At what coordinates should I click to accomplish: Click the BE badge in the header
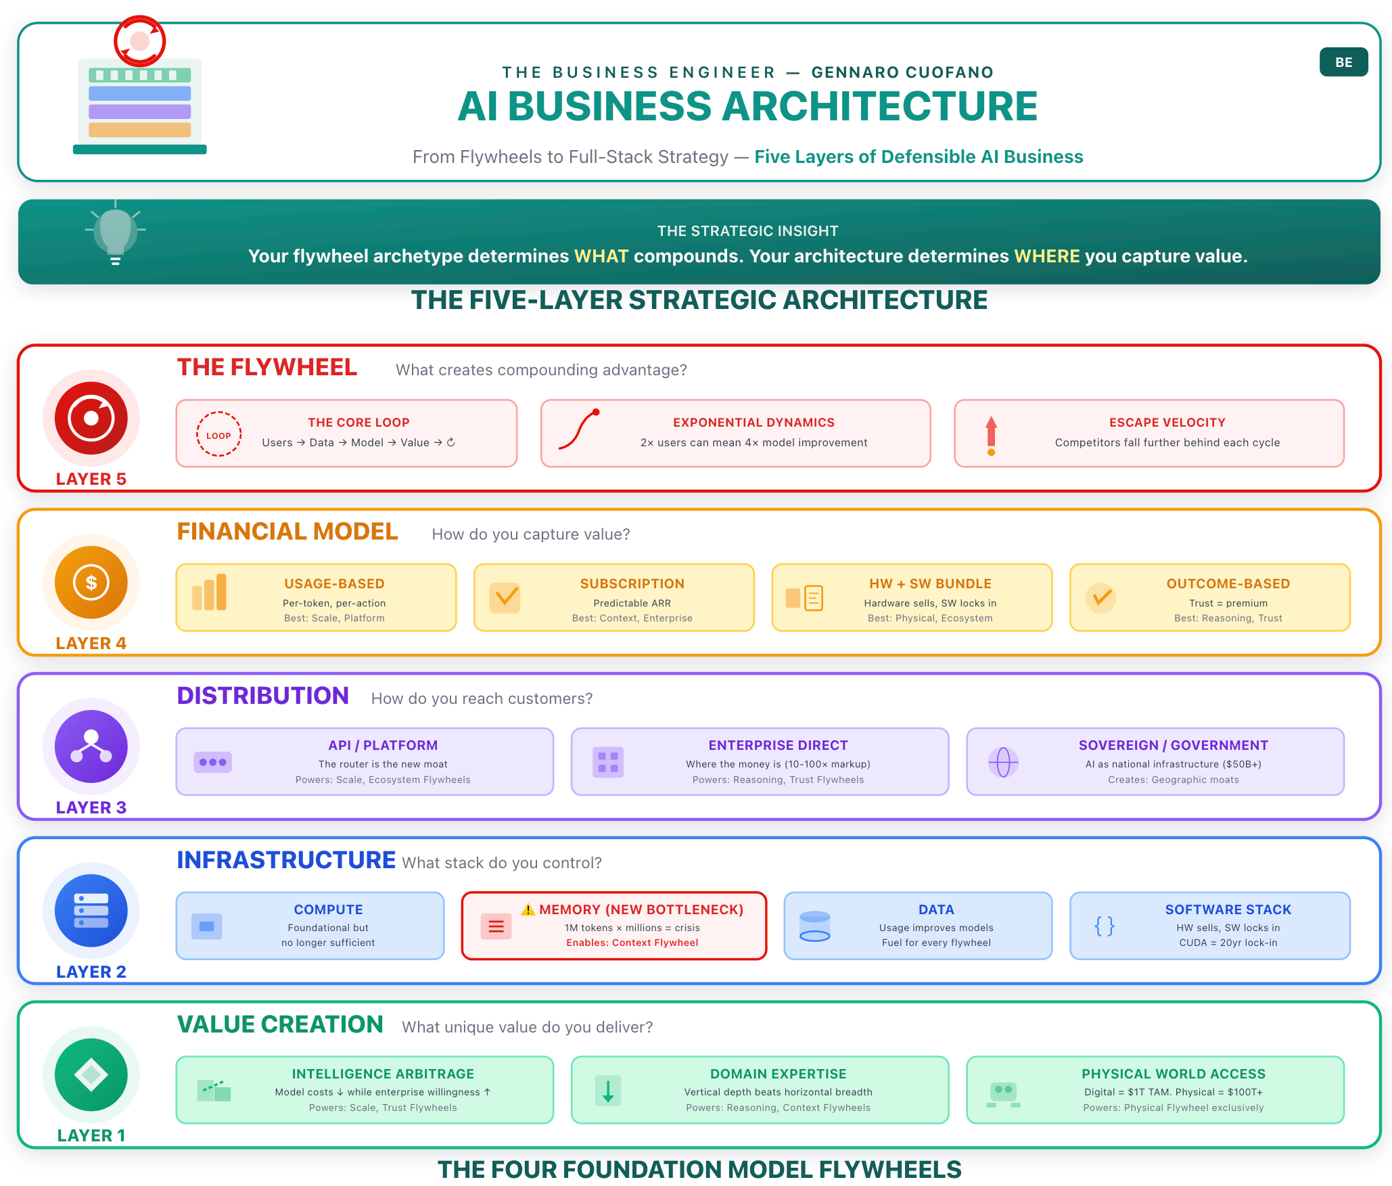pos(1343,62)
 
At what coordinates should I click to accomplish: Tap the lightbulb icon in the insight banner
pos(115,234)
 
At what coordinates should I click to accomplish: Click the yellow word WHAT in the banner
pos(601,256)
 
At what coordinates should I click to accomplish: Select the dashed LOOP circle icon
pos(218,435)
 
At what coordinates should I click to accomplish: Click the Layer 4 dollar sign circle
pos(91,582)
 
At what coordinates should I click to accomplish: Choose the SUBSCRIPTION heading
pos(632,584)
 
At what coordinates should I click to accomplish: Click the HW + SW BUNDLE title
pos(930,584)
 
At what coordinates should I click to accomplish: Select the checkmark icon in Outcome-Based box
pos(1101,597)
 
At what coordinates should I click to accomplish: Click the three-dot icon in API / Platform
pos(212,762)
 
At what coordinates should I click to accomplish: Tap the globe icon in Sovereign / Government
pos(1003,762)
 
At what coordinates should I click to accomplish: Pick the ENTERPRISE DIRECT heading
pos(778,745)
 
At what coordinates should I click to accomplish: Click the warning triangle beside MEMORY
pos(528,909)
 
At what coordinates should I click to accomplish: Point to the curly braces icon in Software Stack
pos(1104,926)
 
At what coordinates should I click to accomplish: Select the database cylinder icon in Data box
pos(814,926)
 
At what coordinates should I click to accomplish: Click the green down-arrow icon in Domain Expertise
pos(608,1091)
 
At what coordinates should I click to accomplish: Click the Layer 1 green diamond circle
pos(91,1074)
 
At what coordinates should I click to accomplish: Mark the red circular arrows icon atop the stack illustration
pos(140,41)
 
